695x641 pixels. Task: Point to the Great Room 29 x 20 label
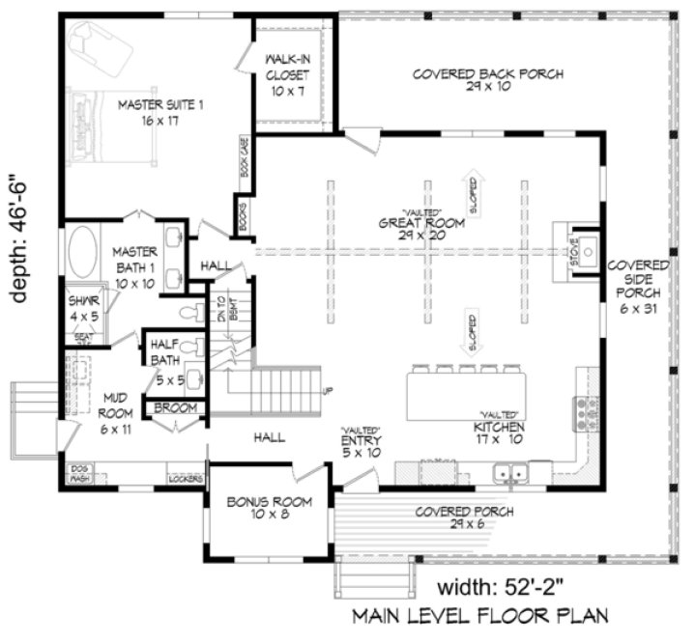click(x=417, y=229)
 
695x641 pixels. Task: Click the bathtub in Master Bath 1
click(x=82, y=254)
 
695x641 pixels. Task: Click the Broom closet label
click(x=175, y=408)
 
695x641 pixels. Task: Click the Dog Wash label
click(x=79, y=473)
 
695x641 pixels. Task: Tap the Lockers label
click(x=186, y=478)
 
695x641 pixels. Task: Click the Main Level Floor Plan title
click(x=480, y=615)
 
